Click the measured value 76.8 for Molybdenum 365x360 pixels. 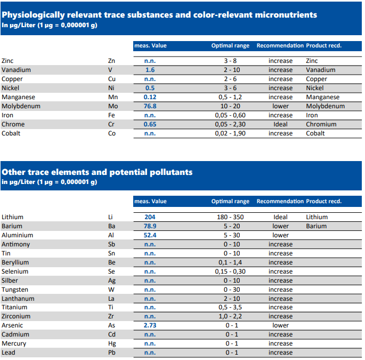click(150, 106)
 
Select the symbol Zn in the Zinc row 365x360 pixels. click(111, 61)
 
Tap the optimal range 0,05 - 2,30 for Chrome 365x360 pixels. click(230, 124)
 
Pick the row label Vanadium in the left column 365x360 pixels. click(16, 70)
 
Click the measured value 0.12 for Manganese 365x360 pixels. click(150, 97)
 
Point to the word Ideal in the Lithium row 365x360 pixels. click(280, 217)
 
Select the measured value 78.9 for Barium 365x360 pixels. click(150, 226)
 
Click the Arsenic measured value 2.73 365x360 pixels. click(150, 325)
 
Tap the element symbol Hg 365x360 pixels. click(112, 343)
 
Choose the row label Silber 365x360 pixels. click(10, 281)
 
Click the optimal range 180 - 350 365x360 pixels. click(230, 217)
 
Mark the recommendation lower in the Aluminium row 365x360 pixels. click(280, 235)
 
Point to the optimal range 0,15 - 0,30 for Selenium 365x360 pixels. click(230, 271)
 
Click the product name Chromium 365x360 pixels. click(321, 124)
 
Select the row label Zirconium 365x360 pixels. click(16, 316)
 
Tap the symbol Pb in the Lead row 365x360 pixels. click(112, 353)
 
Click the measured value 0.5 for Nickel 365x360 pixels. click(150, 88)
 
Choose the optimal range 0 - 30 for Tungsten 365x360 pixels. click(232, 290)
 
